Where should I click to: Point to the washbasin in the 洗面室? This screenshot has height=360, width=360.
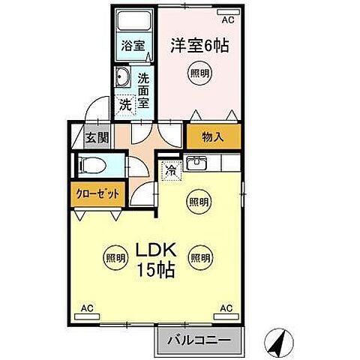pos(123,77)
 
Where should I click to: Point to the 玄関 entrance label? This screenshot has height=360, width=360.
pos(96,137)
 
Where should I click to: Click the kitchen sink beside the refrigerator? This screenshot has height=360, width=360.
pos(197,163)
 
